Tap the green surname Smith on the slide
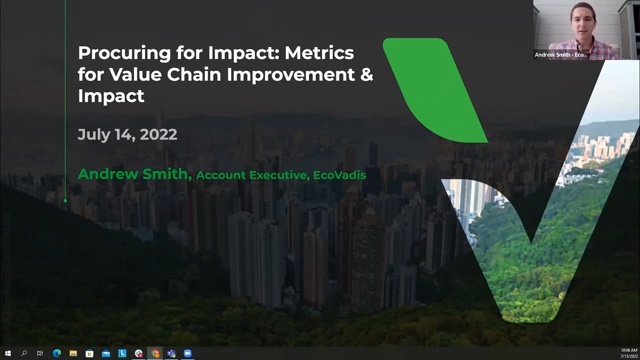click(167, 175)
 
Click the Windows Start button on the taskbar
click(8, 353)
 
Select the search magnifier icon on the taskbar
click(24, 353)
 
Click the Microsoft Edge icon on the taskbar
click(57, 353)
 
